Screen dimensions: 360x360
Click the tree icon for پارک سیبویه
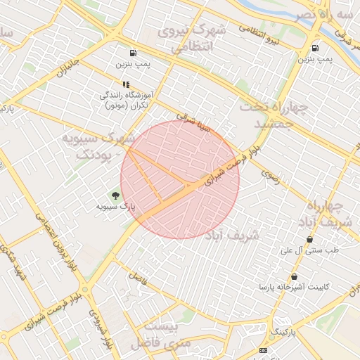click(x=115, y=195)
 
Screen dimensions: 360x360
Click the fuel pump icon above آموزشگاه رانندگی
click(x=133, y=53)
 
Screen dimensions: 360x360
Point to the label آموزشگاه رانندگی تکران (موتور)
click(x=126, y=99)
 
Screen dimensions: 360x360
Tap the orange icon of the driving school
click(x=126, y=84)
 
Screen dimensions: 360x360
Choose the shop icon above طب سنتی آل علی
click(x=310, y=240)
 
